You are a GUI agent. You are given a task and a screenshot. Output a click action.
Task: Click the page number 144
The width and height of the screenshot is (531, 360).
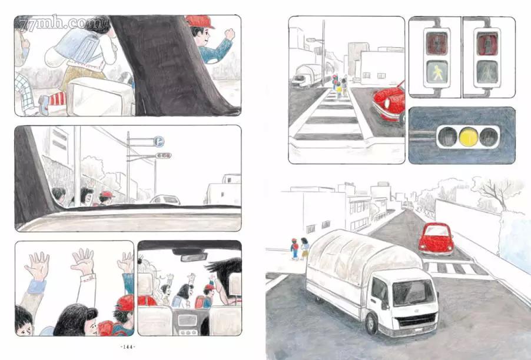point(128,346)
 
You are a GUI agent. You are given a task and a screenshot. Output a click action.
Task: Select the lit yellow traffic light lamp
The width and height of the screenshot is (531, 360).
point(469,136)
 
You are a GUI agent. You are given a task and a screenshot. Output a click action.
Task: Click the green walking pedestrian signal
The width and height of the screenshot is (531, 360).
point(437,71)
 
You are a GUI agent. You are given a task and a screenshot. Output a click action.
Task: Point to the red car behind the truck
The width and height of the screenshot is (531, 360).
point(436,239)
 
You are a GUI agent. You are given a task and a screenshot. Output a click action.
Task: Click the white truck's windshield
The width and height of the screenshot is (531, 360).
point(413,293)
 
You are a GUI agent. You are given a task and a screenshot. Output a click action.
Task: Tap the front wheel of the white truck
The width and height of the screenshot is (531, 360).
point(372,324)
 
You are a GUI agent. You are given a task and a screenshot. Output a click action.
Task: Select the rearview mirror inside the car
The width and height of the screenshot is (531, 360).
point(194,257)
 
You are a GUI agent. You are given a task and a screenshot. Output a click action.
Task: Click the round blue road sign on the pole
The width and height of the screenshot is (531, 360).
point(158,141)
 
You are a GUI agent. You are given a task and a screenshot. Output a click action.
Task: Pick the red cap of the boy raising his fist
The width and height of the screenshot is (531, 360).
point(200,21)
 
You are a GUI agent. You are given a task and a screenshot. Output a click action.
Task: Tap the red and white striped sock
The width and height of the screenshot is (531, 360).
point(57,98)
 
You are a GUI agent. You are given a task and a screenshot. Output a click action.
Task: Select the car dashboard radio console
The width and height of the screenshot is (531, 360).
point(187,320)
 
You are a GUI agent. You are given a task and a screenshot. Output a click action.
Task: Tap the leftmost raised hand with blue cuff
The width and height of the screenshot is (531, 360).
point(38,266)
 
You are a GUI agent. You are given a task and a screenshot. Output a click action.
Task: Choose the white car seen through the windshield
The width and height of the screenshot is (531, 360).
point(165,199)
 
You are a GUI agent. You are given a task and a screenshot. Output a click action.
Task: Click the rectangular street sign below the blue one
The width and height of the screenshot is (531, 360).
point(163,156)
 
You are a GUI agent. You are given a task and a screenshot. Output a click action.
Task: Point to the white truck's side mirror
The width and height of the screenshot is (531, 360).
point(384,303)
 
